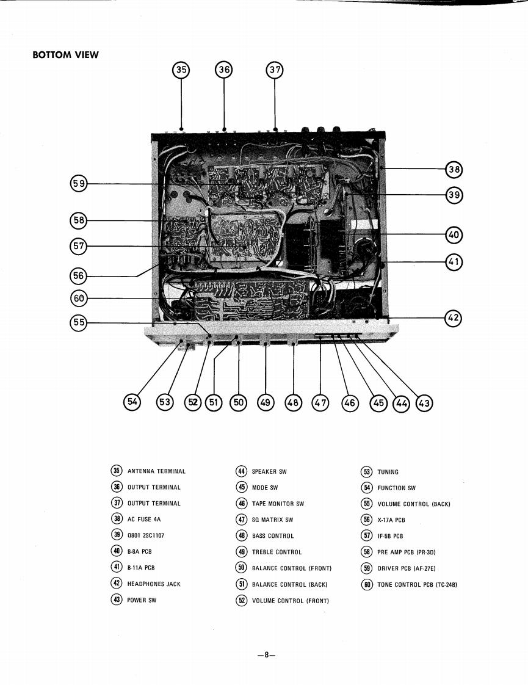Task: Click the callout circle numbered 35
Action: pyautogui.click(x=181, y=70)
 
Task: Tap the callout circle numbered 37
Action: pyautogui.click(x=275, y=70)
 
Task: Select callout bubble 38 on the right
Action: pyautogui.click(x=454, y=169)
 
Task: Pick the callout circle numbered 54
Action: pyautogui.click(x=132, y=401)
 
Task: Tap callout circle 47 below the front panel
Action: pyautogui.click(x=320, y=402)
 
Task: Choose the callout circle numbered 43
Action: pyautogui.click(x=424, y=402)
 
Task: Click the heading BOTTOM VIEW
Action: pyautogui.click(x=65, y=55)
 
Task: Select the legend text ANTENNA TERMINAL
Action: pyautogui.click(x=156, y=471)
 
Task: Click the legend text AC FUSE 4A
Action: pyautogui.click(x=144, y=520)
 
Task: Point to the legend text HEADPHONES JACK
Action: pyautogui.click(x=154, y=584)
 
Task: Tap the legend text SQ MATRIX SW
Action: pyautogui.click(x=272, y=520)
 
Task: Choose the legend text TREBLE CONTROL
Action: pyautogui.click(x=277, y=552)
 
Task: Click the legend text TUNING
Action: pyautogui.click(x=388, y=472)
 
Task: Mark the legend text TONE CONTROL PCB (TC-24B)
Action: pyautogui.click(x=418, y=585)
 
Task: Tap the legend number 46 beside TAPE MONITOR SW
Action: pyautogui.click(x=241, y=504)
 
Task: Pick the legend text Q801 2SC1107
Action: pyautogui.click(x=145, y=535)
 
